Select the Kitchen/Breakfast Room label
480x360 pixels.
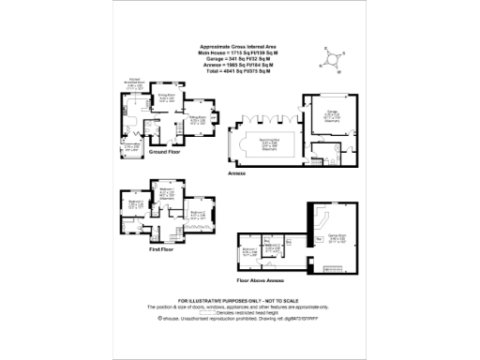pyautogui.click(x=135, y=82)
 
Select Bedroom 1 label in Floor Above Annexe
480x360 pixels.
pyautogui.click(x=249, y=251)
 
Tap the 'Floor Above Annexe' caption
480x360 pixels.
pyautogui.click(x=258, y=280)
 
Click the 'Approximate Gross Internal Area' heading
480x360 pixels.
pyautogui.click(x=240, y=45)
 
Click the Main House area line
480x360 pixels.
pyautogui.click(x=240, y=51)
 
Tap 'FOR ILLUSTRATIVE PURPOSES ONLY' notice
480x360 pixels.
pyautogui.click(x=240, y=300)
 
